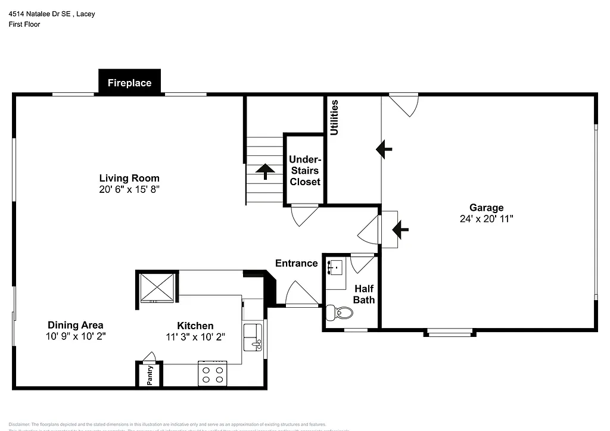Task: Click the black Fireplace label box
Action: tap(129, 83)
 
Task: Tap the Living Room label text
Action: tap(129, 178)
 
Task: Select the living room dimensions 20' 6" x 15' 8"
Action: tap(129, 189)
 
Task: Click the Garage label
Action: tap(486, 208)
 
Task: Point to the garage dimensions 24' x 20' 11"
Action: tap(486, 218)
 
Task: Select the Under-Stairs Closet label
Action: tap(305, 171)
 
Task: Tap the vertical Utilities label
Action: tap(334, 117)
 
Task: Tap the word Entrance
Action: tap(296, 263)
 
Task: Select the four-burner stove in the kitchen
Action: tap(213, 374)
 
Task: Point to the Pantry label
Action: tap(150, 375)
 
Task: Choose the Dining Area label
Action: tap(76, 325)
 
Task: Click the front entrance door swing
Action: tap(301, 295)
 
